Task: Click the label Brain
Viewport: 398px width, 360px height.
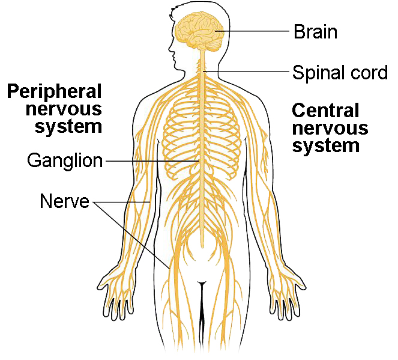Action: coord(316,31)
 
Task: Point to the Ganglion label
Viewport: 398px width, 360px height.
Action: coord(65,162)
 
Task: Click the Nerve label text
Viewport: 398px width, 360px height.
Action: coord(65,201)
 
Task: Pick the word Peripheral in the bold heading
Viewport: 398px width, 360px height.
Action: coord(54,92)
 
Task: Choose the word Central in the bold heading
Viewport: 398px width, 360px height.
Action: coord(325,110)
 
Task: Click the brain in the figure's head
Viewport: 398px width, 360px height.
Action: coord(200,31)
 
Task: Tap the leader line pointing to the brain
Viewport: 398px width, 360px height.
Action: coord(252,31)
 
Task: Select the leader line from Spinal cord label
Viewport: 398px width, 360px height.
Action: coord(247,72)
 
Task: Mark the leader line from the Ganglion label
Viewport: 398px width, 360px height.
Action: coord(152,161)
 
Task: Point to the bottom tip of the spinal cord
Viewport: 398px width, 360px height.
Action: coord(202,248)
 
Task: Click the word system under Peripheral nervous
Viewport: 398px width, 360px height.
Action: coord(68,127)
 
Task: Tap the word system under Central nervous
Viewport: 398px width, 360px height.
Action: coord(326,146)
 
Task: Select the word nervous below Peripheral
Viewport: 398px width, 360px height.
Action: coord(64,109)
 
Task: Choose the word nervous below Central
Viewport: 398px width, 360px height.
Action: coord(330,128)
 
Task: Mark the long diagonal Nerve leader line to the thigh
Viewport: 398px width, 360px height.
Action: coord(131,236)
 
